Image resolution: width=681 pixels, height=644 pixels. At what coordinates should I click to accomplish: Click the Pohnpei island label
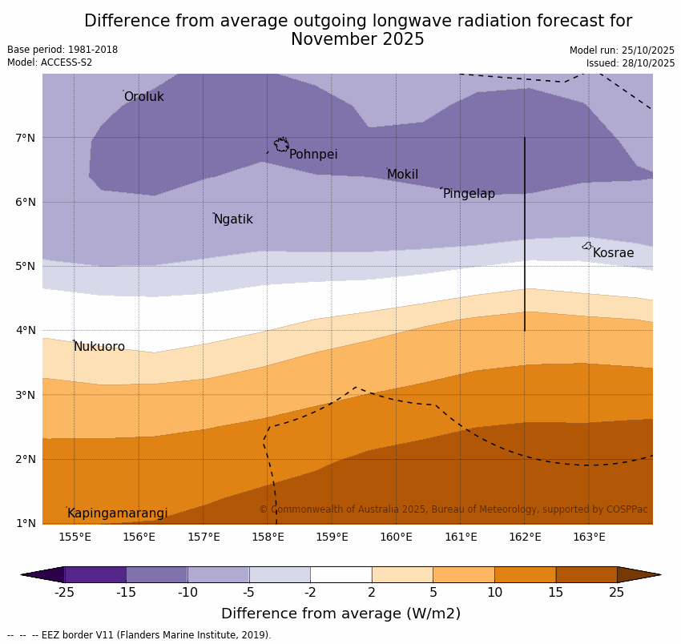[x=313, y=155]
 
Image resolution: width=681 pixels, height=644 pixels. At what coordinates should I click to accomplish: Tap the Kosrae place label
[x=613, y=253]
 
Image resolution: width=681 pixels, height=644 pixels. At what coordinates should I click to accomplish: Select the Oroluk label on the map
[x=143, y=97]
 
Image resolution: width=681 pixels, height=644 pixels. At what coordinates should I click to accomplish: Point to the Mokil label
[x=402, y=175]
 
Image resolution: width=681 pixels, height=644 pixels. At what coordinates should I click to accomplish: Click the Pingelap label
[x=469, y=194]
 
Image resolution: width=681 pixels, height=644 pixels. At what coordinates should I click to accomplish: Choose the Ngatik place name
[x=233, y=219]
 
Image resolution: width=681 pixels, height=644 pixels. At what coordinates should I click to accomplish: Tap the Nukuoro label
[x=99, y=347]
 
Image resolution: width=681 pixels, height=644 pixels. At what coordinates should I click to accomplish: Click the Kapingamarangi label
[x=117, y=513]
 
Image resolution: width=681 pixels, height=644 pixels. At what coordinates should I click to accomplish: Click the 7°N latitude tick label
[x=26, y=138]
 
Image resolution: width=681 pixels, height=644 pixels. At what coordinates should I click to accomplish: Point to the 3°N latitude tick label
[x=26, y=395]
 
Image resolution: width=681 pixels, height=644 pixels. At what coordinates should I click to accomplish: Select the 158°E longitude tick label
[x=268, y=537]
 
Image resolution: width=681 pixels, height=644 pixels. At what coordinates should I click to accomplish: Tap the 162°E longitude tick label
[x=525, y=537]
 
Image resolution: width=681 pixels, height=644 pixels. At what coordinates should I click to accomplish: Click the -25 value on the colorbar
[x=64, y=593]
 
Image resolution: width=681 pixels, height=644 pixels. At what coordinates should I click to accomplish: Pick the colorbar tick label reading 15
[x=556, y=593]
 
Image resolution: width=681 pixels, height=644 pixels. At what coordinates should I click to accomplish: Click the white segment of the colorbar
[x=340, y=574]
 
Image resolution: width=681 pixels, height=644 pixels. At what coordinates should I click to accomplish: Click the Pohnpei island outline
[x=281, y=145]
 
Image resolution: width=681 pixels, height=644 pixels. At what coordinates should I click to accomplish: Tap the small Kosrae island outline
[x=587, y=246]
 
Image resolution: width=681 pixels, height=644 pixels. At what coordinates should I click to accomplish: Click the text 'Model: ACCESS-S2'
[x=50, y=62]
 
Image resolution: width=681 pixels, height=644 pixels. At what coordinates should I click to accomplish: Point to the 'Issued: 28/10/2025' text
[x=631, y=63]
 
